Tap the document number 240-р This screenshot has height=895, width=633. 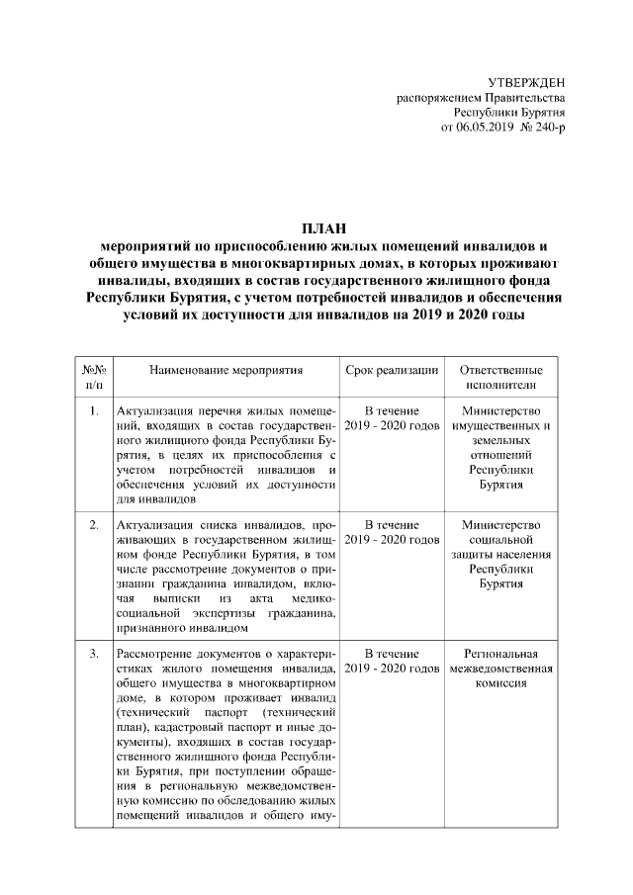coord(549,129)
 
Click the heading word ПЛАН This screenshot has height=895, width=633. coord(317,229)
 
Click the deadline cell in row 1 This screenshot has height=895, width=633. coord(392,418)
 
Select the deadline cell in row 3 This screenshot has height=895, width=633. coord(392,662)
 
